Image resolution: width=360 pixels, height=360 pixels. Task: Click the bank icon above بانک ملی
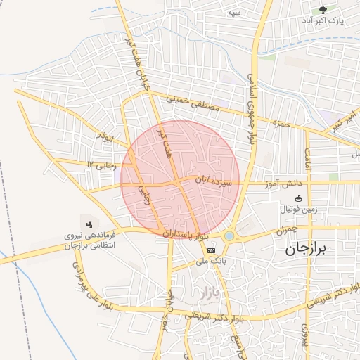click(x=211, y=250)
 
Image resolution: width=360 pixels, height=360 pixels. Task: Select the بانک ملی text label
click(x=211, y=260)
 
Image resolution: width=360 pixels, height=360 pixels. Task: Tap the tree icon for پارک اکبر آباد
click(x=323, y=11)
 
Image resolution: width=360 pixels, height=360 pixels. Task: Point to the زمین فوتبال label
click(x=300, y=210)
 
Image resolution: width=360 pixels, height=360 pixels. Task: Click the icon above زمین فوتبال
click(x=300, y=199)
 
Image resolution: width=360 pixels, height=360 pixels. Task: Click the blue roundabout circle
click(x=230, y=236)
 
